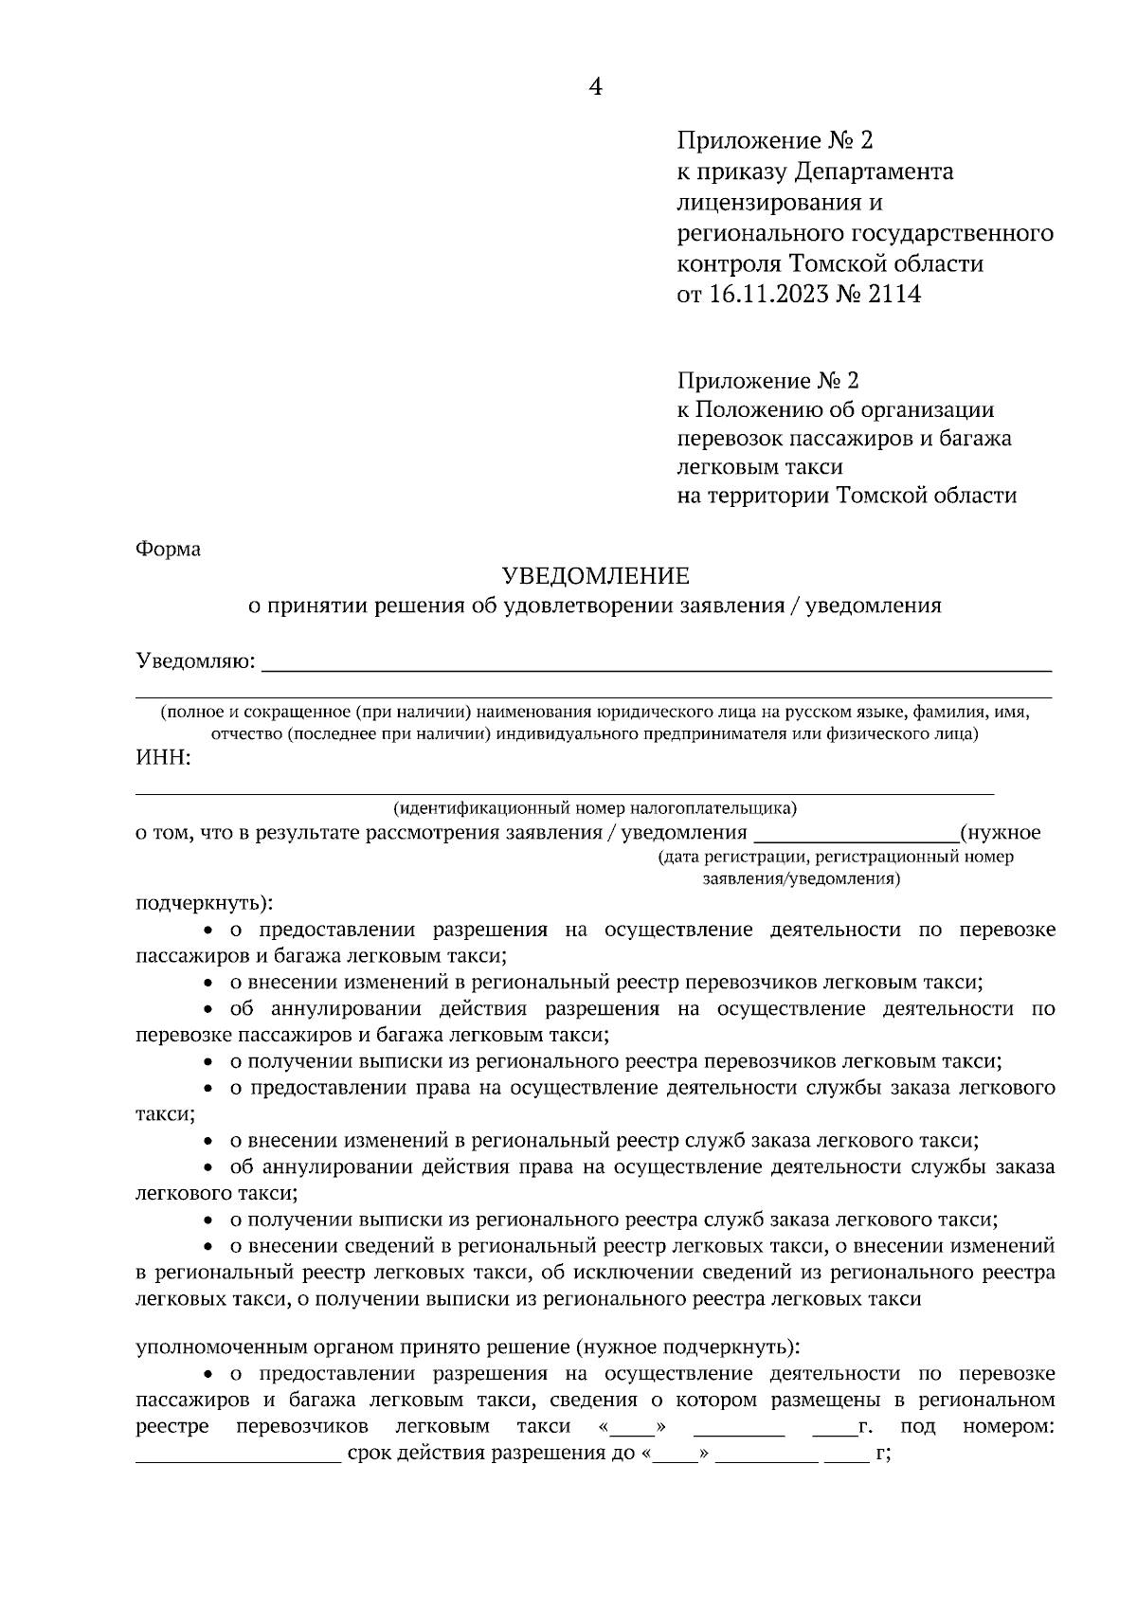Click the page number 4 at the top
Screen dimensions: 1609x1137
pos(595,87)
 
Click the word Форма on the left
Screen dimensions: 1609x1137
pos(169,549)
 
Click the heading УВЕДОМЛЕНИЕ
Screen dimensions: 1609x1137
pos(595,575)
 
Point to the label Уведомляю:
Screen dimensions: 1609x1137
pos(195,660)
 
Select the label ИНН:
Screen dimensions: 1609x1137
pos(164,758)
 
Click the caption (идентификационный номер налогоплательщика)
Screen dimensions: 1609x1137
pos(595,808)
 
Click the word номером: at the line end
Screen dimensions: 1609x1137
pos(1008,1427)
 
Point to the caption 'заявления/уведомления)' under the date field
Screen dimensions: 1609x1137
pos(802,878)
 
